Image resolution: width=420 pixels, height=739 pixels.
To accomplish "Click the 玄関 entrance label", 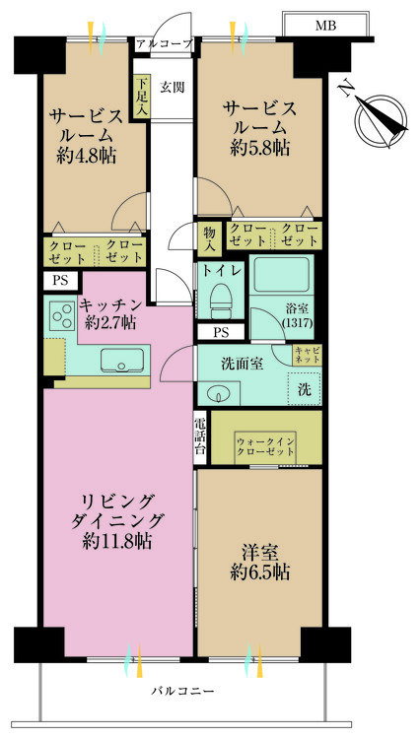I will pos(172,87).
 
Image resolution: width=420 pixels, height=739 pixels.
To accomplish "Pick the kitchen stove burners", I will pos(59,317).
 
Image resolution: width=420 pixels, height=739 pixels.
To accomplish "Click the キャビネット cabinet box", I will pos(306,355).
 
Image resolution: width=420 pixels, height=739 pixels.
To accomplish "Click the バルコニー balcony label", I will pos(182,692).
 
